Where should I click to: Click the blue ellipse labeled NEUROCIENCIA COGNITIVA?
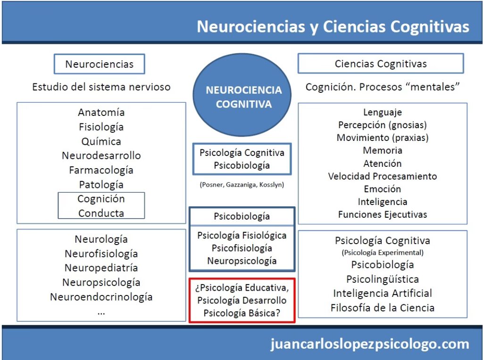tap(243, 97)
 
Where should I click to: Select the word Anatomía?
tap(101, 113)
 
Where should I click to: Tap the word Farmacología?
tap(101, 170)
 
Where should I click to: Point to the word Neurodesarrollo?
tap(101, 155)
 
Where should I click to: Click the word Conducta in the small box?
tap(101, 213)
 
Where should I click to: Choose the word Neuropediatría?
tap(101, 268)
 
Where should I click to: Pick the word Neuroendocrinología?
tap(101, 297)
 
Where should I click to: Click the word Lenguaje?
tap(383, 113)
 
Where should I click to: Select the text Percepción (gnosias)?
tap(383, 125)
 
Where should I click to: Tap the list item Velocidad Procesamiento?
tap(383, 176)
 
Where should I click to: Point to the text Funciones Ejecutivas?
tap(383, 214)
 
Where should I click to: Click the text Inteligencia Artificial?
tap(383, 293)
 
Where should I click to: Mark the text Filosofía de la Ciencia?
tap(383, 308)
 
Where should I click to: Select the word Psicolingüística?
tap(383, 279)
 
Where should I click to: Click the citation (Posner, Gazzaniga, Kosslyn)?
tap(242, 185)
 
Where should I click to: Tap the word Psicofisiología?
tap(242, 248)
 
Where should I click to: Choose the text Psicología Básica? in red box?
tap(242, 312)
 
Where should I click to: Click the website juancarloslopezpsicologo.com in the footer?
tap(370, 344)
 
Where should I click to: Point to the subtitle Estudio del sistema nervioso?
tap(101, 87)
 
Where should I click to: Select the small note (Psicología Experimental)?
tap(383, 253)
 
